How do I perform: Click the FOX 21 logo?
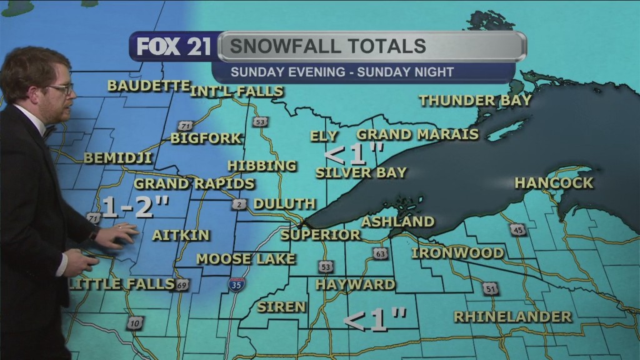174,47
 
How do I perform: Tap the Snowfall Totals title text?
327,46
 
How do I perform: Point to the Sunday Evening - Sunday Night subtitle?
342,72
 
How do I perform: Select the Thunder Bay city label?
475,100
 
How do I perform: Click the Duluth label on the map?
284,204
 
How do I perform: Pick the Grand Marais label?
417,134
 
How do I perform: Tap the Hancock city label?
553,183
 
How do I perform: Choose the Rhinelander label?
512,317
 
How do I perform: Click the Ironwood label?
457,253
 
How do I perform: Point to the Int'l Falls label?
237,91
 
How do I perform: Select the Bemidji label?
117,158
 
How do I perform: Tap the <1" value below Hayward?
375,320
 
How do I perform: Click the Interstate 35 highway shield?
236,285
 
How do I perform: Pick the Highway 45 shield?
516,231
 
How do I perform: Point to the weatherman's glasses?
59,89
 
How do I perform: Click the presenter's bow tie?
48,130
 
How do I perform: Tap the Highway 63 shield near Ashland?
380,253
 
